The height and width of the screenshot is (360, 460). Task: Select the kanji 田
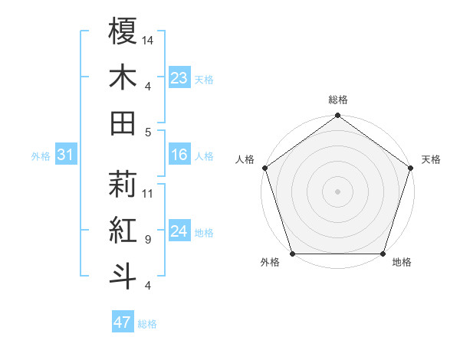pos(123,123)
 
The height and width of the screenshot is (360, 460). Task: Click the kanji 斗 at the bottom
pos(123,276)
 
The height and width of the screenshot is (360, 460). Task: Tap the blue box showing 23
pos(179,77)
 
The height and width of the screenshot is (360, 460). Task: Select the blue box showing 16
pos(179,155)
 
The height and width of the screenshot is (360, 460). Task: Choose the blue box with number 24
pos(179,232)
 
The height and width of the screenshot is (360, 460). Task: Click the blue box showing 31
pos(66,155)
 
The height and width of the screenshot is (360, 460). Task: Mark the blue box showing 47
pos(123,322)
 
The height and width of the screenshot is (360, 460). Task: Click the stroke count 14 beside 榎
pos(148,39)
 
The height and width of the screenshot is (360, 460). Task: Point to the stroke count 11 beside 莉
pos(148,193)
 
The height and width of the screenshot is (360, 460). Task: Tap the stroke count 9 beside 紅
pos(147,240)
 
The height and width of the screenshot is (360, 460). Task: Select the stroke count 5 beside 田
pos(147,132)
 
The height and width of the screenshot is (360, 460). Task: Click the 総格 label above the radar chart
pos(338,100)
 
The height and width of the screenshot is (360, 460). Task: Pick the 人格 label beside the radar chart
pos(245,159)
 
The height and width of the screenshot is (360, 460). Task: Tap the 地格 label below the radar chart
pos(402,263)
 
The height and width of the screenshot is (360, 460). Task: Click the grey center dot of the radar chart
pos(338,191)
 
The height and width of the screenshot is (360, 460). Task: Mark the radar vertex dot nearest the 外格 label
pos(292,254)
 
